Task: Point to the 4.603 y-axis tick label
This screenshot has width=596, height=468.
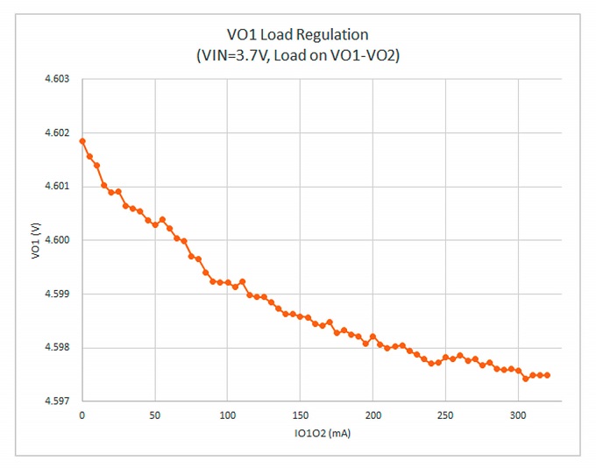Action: point(57,80)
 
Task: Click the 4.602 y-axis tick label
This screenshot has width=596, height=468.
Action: point(57,133)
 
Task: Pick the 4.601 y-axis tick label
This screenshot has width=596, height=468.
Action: point(57,187)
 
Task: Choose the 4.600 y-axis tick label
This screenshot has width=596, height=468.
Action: point(57,240)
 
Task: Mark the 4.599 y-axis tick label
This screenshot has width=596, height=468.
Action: point(57,294)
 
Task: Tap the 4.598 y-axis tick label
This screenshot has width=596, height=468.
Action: point(57,348)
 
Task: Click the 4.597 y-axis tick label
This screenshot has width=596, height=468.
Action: point(57,401)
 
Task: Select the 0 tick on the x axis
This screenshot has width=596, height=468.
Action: point(82,414)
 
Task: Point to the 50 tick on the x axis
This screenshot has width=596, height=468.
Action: point(154,414)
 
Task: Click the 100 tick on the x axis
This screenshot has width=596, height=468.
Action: point(227,414)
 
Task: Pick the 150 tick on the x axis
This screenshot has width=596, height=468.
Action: point(300,414)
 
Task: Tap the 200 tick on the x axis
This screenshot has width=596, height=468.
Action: point(372,414)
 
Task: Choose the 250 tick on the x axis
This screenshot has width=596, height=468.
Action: point(445,414)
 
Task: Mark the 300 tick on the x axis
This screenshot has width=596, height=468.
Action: point(518,414)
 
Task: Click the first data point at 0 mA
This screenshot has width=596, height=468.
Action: point(82,141)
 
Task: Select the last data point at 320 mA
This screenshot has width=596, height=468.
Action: point(547,375)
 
